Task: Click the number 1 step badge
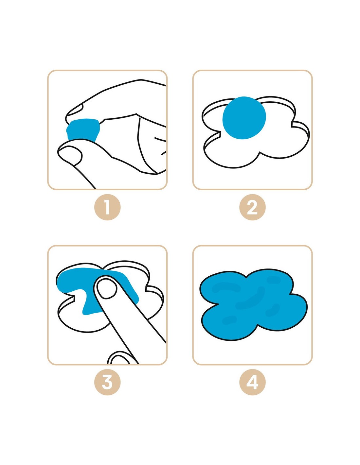coord(107,207)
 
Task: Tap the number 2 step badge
coord(252,207)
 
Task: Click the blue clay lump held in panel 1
coord(83,129)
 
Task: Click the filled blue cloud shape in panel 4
coord(254,302)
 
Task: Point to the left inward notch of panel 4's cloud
coord(216,304)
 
